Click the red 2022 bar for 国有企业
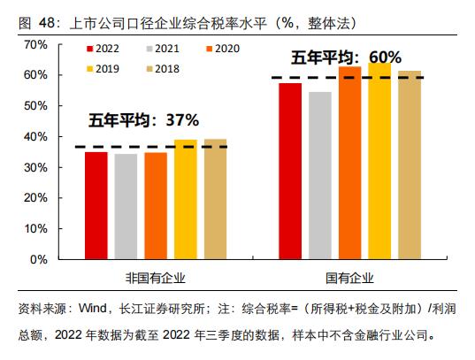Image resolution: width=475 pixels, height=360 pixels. pos(290,172)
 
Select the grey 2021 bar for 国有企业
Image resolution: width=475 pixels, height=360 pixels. pos(320,176)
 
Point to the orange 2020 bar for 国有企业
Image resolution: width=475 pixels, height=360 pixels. pos(349,164)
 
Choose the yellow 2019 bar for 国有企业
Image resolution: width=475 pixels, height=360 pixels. pos(379,161)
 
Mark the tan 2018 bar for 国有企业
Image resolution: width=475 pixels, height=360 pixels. pos(409,165)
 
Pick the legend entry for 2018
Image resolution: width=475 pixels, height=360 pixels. pos(166,67)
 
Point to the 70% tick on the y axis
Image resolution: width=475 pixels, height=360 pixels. pos(33,43)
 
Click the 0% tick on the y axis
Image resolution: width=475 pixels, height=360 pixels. pos(36,260)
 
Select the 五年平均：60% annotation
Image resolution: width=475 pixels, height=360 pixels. pos(341,57)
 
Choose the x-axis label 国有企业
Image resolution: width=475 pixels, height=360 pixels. pos(350,279)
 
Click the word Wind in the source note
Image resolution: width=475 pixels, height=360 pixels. pos(93,309)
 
